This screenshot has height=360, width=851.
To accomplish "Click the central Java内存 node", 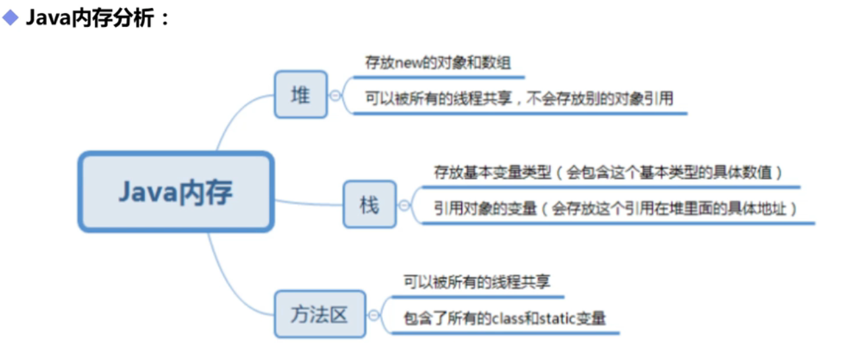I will [175, 192].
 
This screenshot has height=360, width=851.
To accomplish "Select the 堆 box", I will [300, 94].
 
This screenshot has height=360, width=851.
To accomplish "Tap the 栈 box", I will [369, 204].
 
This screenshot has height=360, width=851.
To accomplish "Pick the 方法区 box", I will [319, 314].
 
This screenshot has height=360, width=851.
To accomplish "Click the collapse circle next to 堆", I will [335, 95].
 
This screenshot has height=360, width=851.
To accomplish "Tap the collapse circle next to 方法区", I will [374, 315].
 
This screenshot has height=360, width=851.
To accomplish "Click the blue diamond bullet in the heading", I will [11, 18].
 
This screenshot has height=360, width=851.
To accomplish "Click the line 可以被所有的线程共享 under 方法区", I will [477, 282].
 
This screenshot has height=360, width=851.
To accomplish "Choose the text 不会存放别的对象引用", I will [598, 99].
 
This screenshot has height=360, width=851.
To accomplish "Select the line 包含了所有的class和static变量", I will [504, 318].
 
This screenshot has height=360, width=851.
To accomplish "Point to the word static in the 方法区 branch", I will [557, 319].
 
